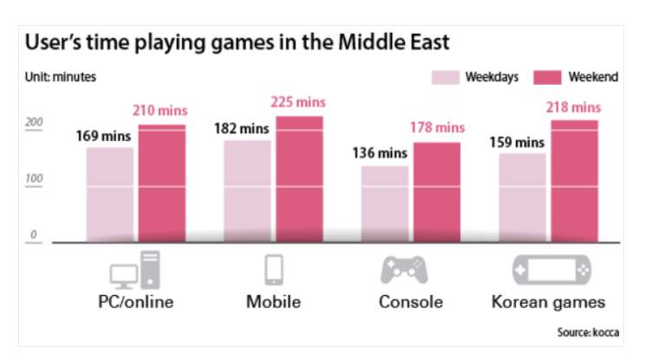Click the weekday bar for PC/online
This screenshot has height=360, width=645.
[110, 195]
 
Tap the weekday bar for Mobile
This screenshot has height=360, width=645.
[247, 191]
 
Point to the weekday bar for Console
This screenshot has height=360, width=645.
[384, 204]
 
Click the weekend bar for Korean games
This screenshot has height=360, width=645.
[574, 181]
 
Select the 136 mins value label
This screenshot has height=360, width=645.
[378, 153]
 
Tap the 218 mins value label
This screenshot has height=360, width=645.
[573, 107]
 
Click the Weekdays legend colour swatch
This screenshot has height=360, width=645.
[443, 77]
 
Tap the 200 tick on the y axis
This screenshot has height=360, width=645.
[34, 124]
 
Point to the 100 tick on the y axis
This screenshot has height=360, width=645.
[34, 179]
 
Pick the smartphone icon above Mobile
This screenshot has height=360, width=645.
[274, 269]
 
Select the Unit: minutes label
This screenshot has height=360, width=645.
[60, 77]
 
